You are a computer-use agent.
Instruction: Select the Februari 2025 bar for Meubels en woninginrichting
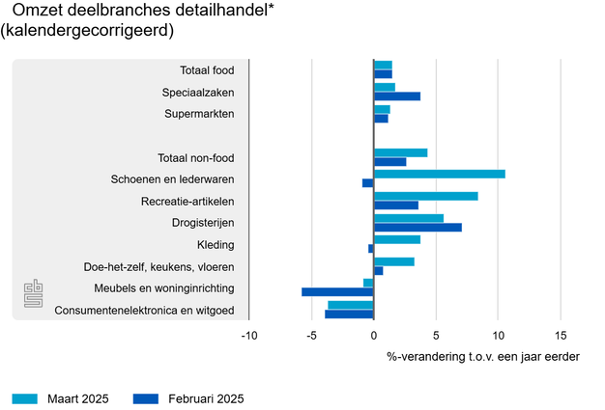[x=337, y=291]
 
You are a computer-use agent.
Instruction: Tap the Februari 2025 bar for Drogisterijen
[x=418, y=228]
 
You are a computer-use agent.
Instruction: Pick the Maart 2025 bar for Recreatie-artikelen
[x=426, y=197]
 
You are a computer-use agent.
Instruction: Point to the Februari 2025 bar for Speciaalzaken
[x=397, y=96]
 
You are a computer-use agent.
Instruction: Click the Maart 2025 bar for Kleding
[x=397, y=239]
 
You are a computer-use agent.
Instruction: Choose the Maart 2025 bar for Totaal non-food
[x=401, y=152]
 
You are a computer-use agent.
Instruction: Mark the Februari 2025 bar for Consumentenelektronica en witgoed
[x=349, y=314]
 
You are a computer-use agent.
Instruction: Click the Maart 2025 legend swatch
[x=25, y=398]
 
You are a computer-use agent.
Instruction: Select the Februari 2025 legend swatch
[x=145, y=398]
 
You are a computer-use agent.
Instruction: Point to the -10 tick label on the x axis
[x=248, y=336]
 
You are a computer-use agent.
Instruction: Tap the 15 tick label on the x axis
[x=560, y=336]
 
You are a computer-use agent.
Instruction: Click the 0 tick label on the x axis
[x=374, y=336]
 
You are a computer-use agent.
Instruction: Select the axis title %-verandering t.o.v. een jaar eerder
[x=483, y=357]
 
